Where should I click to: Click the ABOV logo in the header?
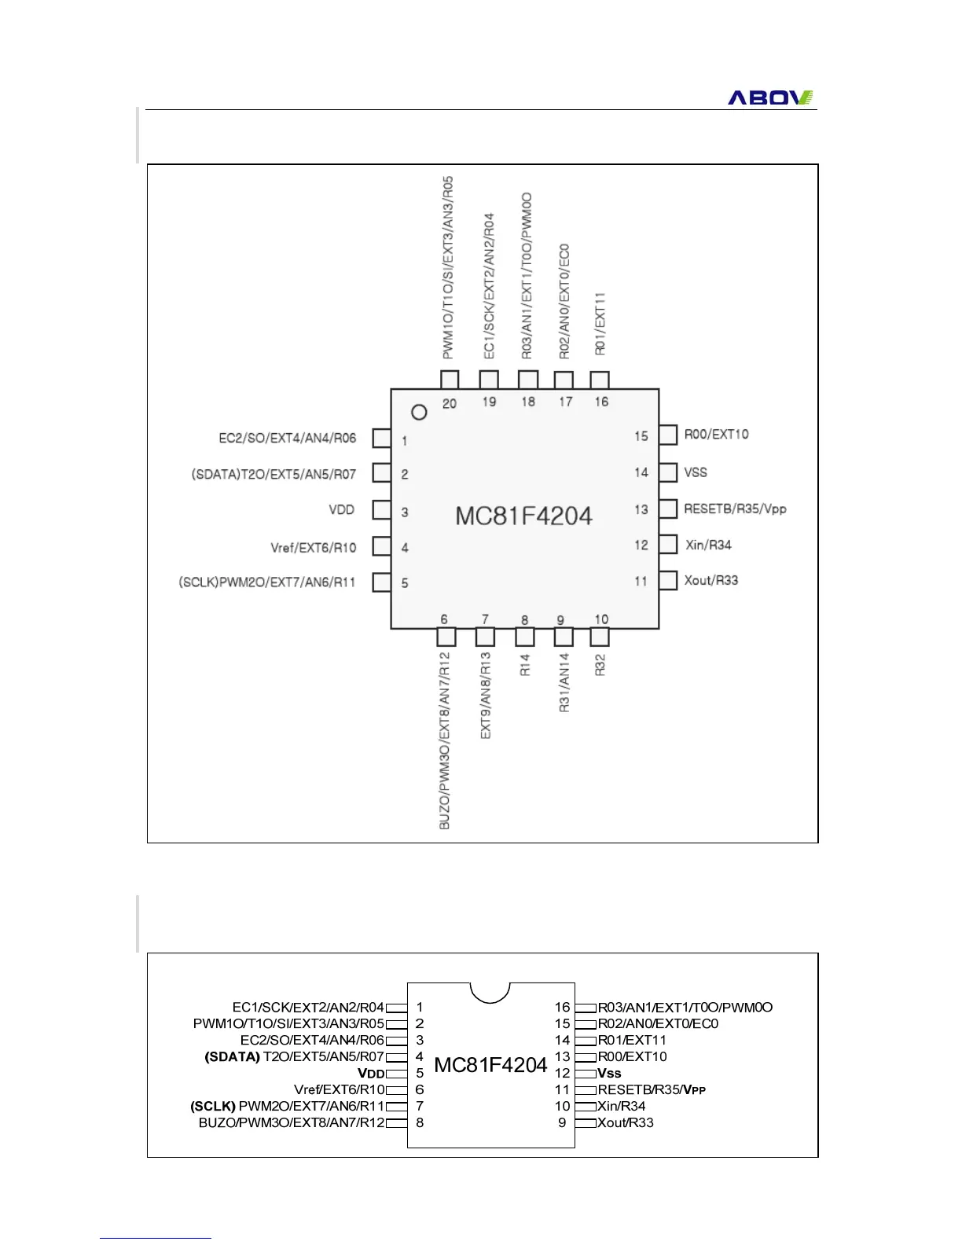coord(770,97)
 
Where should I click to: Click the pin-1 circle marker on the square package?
coord(419,412)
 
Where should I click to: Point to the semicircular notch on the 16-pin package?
coord(490,992)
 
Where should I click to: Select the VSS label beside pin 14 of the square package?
coord(696,472)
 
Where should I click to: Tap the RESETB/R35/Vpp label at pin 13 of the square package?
coord(735,509)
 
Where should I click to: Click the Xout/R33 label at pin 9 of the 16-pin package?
coord(626,1122)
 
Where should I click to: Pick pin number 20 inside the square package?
coord(450,403)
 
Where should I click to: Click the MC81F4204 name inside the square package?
coord(523,516)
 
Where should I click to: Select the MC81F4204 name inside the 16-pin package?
coord(490,1065)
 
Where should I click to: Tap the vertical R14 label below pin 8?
coord(525,664)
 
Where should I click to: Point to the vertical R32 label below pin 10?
coord(600,665)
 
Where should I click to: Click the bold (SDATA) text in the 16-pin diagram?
coord(232,1056)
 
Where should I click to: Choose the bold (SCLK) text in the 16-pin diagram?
coord(213,1106)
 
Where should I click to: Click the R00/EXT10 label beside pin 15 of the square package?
coord(716,435)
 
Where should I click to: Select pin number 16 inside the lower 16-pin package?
coord(562,1007)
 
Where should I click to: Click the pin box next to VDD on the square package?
coord(382,509)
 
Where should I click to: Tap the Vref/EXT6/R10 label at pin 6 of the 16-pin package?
coord(340,1089)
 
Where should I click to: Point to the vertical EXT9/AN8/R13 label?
coord(486,695)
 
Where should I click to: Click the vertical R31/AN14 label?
coord(564,682)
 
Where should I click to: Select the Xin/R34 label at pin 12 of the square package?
coord(708,545)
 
